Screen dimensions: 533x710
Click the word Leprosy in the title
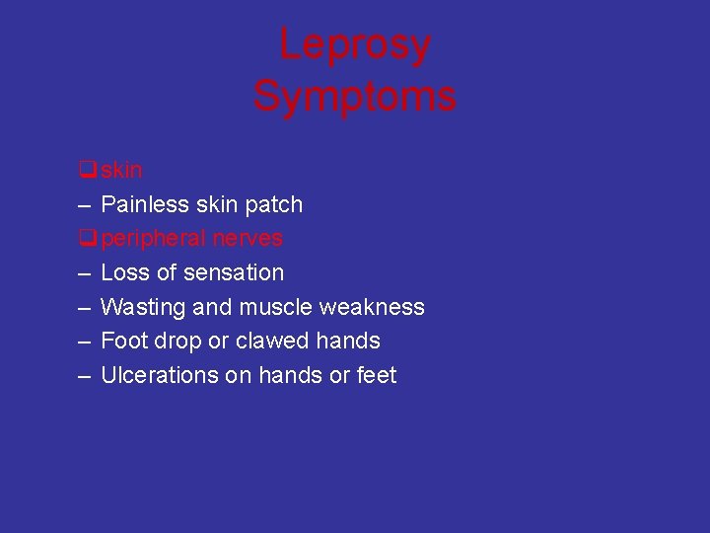[354, 45]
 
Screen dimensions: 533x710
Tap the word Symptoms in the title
[354, 97]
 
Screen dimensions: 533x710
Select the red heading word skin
[121, 171]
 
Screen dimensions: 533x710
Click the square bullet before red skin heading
[88, 171]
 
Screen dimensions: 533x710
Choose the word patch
[275, 205]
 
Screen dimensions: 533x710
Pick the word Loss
[123, 273]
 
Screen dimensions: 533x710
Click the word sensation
[235, 273]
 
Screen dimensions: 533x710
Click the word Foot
[122, 342]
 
